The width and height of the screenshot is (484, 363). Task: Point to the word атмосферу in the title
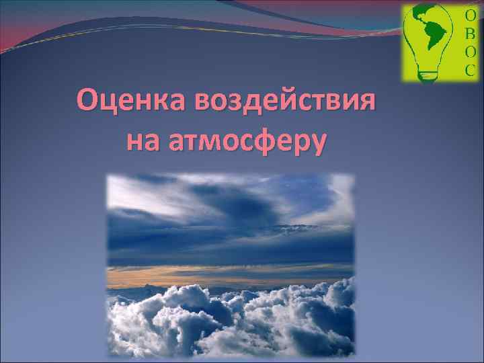pyautogui.click(x=247, y=140)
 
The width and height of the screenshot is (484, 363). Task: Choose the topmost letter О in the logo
pyautogui.click(x=470, y=15)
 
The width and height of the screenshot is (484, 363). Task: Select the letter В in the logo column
pyautogui.click(x=470, y=33)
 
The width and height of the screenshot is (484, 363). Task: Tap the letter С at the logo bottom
pyautogui.click(x=470, y=69)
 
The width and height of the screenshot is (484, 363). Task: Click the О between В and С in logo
pyautogui.click(x=470, y=51)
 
